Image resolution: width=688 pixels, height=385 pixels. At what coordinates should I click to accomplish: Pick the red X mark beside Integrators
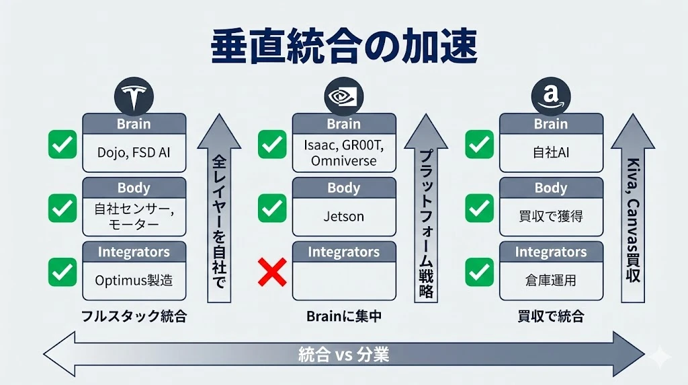(x=272, y=273)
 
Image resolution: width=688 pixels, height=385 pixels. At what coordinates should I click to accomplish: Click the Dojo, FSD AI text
(x=134, y=152)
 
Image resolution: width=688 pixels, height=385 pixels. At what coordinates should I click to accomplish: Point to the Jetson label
(x=343, y=216)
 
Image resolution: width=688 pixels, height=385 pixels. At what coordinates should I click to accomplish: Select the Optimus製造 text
(x=134, y=279)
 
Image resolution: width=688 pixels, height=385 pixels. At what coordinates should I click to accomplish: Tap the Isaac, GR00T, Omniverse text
(x=343, y=152)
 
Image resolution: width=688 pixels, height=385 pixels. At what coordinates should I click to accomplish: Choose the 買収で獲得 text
(x=551, y=216)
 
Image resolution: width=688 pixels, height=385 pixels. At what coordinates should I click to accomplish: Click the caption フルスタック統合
(x=134, y=316)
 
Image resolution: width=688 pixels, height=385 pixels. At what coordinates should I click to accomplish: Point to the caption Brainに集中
(x=343, y=316)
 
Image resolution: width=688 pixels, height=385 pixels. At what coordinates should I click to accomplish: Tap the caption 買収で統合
(x=551, y=316)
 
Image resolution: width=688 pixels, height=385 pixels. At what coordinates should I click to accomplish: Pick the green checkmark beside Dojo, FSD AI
(x=62, y=145)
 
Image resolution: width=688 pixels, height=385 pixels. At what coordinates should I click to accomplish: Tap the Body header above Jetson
(x=343, y=188)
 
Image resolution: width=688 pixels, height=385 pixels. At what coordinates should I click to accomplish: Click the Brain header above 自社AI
(x=551, y=124)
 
